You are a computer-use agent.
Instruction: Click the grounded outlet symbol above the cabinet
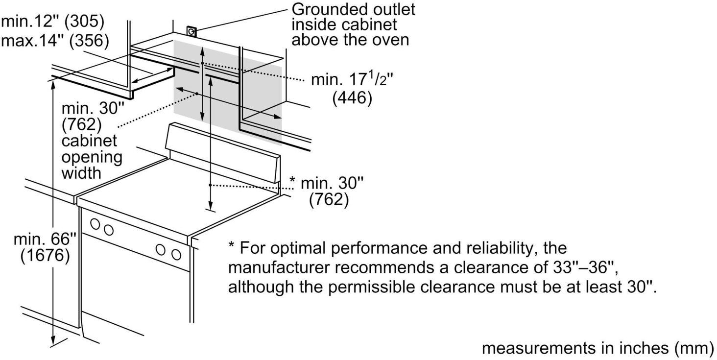(191, 32)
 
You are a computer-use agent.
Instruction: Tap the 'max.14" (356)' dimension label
(55, 41)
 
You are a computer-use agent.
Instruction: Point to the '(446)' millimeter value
(352, 98)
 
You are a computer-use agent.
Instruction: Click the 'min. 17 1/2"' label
(349, 79)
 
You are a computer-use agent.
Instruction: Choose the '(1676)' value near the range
(45, 256)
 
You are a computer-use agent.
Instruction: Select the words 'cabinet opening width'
(92, 157)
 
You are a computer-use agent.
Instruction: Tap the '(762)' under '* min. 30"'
(329, 200)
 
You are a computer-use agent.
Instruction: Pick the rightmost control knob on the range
(176, 254)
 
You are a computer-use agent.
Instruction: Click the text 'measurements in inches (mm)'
(598, 348)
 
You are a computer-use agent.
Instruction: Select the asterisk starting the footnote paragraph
(232, 246)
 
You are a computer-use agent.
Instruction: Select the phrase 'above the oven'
(350, 39)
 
